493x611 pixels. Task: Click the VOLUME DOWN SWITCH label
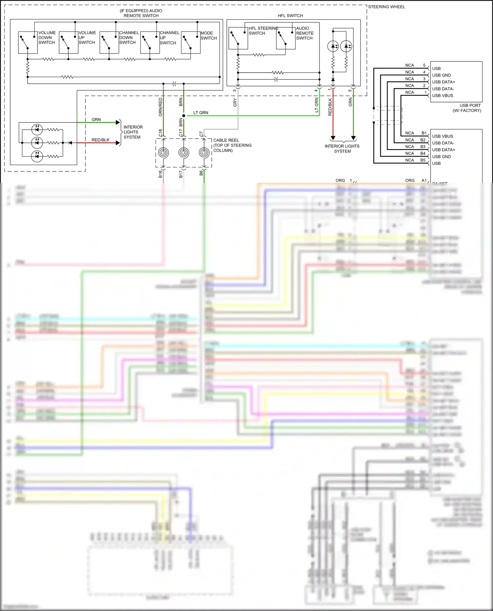47,38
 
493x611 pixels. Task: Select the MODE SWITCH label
208,35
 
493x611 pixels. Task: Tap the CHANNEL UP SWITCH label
169,38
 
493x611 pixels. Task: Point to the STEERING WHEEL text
386,7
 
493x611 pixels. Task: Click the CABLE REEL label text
226,140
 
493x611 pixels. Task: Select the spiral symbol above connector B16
163,153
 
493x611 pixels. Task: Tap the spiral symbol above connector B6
204,153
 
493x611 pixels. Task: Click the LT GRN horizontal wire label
200,113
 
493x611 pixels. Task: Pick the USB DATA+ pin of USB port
443,82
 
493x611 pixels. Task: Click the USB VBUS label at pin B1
442,136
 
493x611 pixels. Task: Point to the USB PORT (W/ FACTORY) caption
467,108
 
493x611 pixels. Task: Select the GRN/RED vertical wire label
161,107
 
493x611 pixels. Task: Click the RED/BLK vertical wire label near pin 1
330,107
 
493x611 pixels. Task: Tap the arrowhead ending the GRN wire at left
118,122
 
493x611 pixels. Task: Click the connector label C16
161,133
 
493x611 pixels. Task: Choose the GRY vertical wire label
235,102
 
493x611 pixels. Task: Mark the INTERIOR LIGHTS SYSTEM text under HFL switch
342,149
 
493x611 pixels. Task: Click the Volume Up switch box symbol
68,43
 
